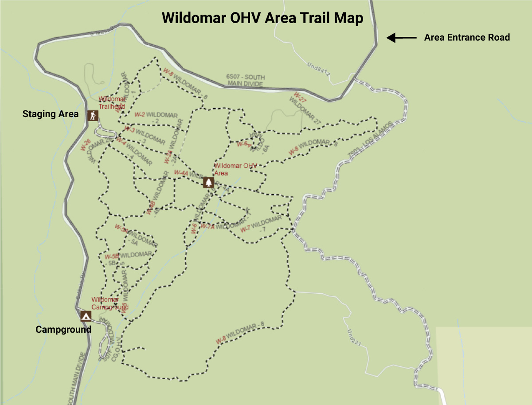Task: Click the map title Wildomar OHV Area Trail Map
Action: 262,18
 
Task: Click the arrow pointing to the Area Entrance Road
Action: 402,38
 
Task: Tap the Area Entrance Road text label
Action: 467,38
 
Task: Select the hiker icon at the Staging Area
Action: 93,116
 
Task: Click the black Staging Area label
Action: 51,114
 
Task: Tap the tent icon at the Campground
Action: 86,316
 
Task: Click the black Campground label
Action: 63,330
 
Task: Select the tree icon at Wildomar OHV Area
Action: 208,182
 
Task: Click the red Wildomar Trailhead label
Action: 112,103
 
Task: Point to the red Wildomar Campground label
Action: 110,303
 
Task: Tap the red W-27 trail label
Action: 300,96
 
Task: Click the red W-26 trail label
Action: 86,145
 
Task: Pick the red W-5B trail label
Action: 112,256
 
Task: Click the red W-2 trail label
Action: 140,114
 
